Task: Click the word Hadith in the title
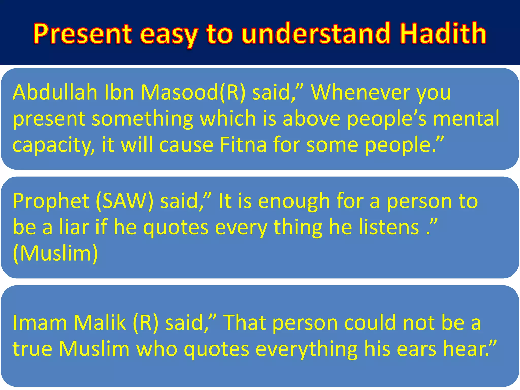point(443,34)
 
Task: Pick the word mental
point(466,118)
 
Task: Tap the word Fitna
point(243,145)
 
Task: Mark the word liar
point(74,227)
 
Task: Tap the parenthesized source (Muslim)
point(55,253)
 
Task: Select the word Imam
point(40,322)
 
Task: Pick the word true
point(32,349)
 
